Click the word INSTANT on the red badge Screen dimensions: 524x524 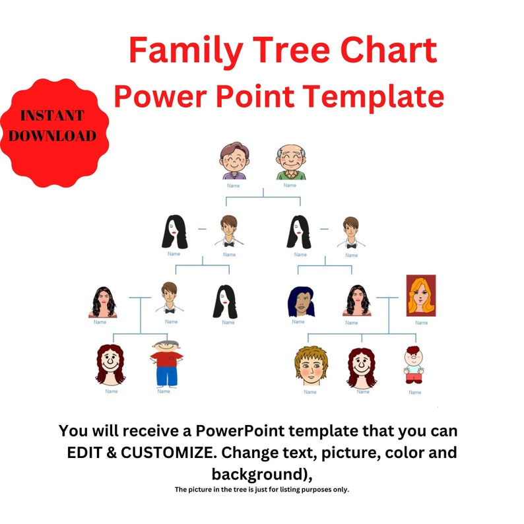[x=52, y=116]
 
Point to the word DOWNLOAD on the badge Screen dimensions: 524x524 [x=52, y=136]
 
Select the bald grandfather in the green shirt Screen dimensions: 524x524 [x=290, y=162]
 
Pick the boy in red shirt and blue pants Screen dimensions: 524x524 [x=165, y=363]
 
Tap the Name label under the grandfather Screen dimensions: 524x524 [x=290, y=185]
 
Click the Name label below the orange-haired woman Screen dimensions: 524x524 [x=421, y=323]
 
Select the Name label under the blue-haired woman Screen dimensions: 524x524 [x=298, y=322]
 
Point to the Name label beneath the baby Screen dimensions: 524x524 [x=414, y=392]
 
